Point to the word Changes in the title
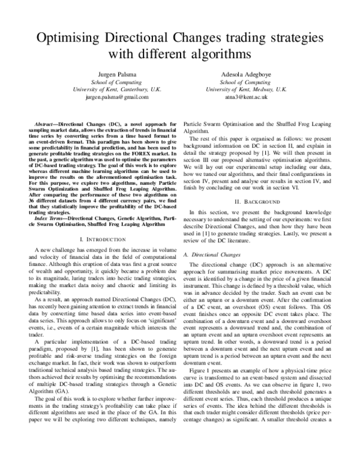coord(211,38)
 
